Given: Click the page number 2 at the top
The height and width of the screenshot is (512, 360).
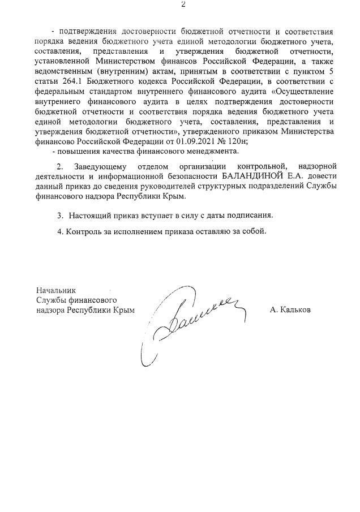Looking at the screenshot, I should [x=183, y=5].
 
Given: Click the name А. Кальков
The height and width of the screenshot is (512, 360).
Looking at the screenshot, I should [x=290, y=310].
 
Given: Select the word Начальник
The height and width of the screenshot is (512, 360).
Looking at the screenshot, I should [x=55, y=290].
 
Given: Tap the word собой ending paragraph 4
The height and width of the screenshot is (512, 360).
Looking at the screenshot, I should [x=254, y=231].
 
